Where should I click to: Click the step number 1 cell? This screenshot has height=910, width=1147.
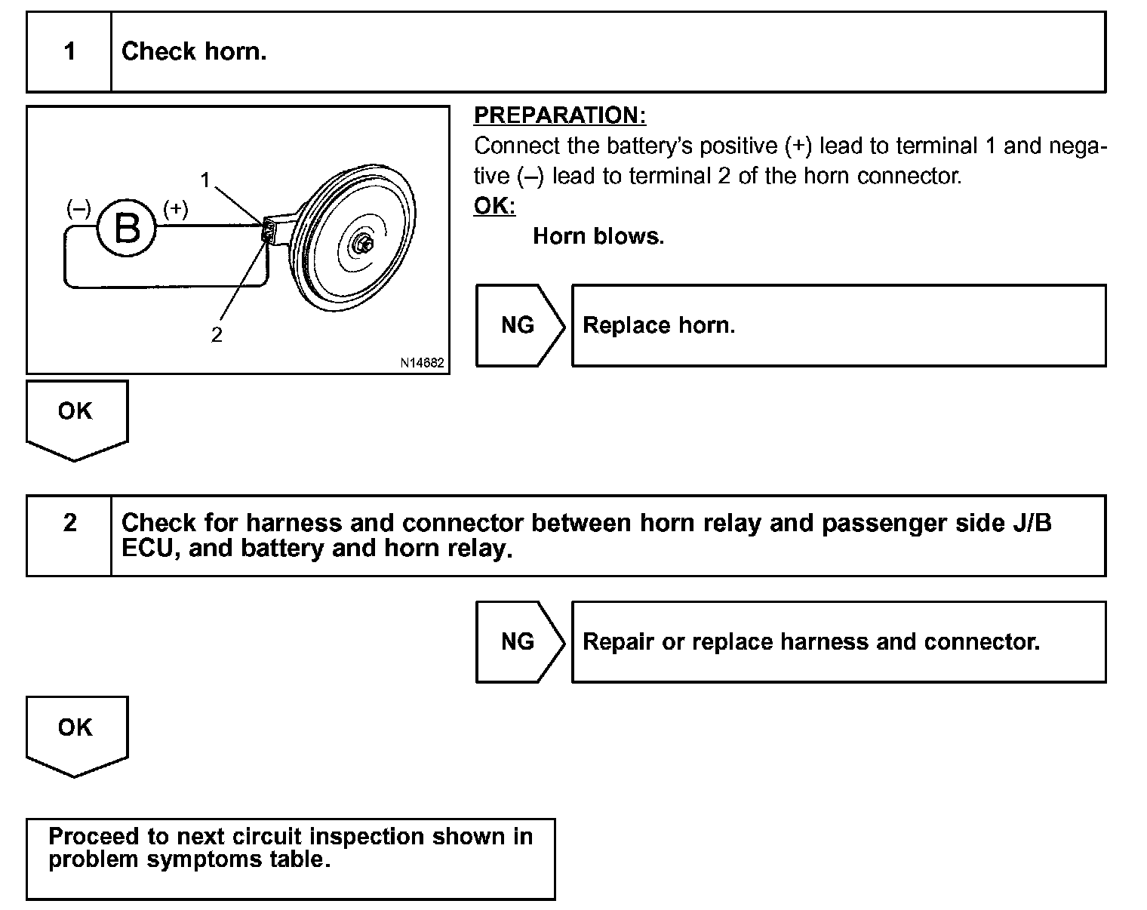pyautogui.click(x=69, y=52)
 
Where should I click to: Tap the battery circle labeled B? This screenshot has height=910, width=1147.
pyautogui.click(x=126, y=228)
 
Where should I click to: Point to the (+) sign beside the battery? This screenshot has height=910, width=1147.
pyautogui.click(x=175, y=209)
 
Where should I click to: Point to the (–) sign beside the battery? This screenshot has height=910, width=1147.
pyautogui.click(x=78, y=209)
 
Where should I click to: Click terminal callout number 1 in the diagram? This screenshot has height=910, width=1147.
pyautogui.click(x=204, y=179)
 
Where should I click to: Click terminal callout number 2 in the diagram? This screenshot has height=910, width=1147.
pyautogui.click(x=217, y=334)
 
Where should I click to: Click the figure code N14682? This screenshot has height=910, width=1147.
pyautogui.click(x=422, y=363)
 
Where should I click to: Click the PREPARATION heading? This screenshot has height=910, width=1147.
pyautogui.click(x=560, y=115)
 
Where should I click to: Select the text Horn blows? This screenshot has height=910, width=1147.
pyautogui.click(x=598, y=236)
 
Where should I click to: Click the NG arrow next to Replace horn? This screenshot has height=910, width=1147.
pyautogui.click(x=519, y=325)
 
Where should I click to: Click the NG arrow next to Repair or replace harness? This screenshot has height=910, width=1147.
pyautogui.click(x=519, y=641)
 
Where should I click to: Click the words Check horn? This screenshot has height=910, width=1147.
pyautogui.click(x=194, y=52)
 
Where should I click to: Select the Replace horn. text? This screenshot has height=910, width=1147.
pyautogui.click(x=659, y=325)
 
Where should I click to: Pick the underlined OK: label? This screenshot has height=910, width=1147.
pyautogui.click(x=494, y=206)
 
